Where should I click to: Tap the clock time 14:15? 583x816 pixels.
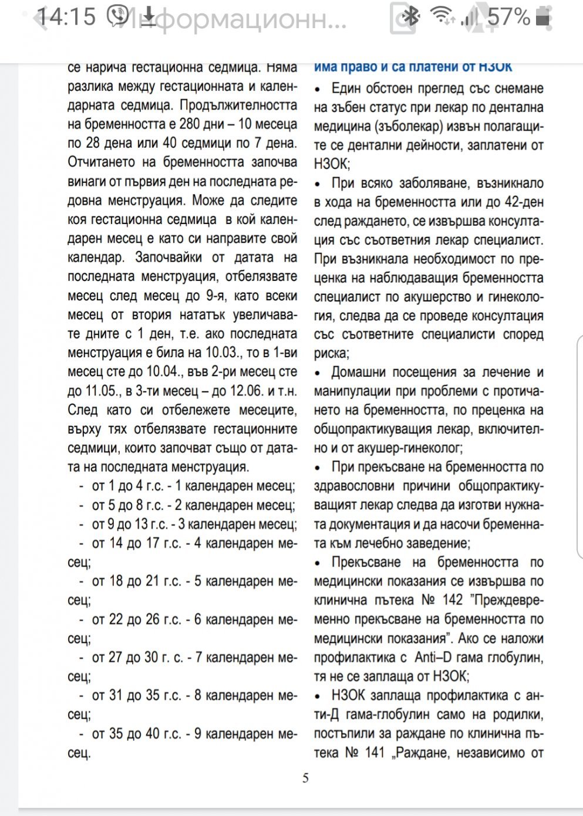click(x=66, y=17)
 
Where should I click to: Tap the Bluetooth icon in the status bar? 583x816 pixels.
click(x=411, y=16)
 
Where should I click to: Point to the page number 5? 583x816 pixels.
click(x=305, y=778)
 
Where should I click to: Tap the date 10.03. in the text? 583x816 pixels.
click(x=223, y=353)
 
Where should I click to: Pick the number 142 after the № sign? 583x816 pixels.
click(x=452, y=600)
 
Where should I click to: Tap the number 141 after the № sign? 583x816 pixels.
click(x=375, y=753)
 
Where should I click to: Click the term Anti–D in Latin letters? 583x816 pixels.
click(x=433, y=657)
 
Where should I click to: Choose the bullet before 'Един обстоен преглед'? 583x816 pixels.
click(x=318, y=90)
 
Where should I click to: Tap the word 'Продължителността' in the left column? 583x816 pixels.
click(x=238, y=106)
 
